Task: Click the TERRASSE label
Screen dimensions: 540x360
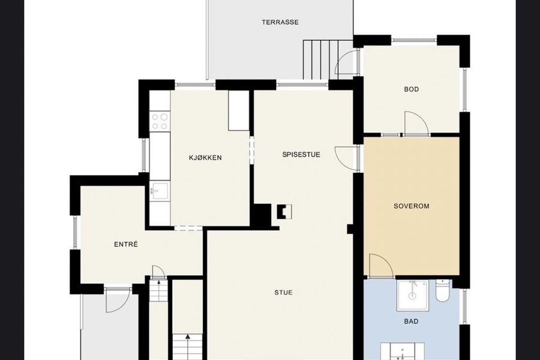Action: pos(280,22)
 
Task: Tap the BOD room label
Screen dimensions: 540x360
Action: pos(412,89)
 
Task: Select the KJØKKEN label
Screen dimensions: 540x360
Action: pos(205,158)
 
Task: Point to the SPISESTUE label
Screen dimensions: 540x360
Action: pos(301,155)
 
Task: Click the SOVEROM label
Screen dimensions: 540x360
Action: pos(412,206)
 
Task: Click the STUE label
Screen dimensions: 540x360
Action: pos(283,292)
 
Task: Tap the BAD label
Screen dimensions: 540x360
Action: pos(411,322)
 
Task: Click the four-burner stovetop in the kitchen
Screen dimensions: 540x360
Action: pos(160,121)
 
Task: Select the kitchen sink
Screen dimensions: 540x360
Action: pos(160,191)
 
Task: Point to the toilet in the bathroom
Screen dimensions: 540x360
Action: pos(442,291)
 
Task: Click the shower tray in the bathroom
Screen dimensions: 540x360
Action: pos(413,296)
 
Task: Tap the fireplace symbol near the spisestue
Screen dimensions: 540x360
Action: pos(284,212)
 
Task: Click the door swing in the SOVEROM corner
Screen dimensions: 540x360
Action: pos(381,266)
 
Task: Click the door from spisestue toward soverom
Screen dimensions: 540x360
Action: pos(346,158)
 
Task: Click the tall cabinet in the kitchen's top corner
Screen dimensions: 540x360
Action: pos(238,110)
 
